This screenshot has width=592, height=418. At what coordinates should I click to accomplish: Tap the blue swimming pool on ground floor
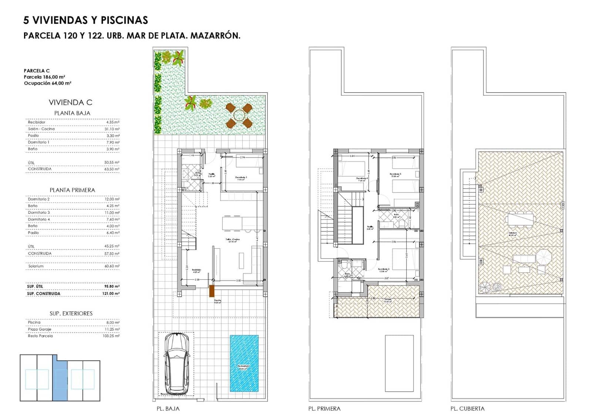point(244,363)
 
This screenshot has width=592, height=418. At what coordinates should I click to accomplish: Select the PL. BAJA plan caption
point(168,409)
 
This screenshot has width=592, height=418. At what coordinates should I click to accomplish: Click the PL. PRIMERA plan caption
point(324,409)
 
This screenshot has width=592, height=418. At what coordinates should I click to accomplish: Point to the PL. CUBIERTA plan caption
point(467,409)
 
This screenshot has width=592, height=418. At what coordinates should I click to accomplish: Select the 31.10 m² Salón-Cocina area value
point(112,129)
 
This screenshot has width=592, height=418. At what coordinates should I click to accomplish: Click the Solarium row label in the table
point(36,266)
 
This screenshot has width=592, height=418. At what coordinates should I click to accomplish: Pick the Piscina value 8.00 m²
point(112,322)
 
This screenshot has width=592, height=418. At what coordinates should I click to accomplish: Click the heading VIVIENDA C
point(70,102)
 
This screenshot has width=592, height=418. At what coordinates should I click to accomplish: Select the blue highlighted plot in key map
point(60,380)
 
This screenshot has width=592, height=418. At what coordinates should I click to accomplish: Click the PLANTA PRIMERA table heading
point(73,190)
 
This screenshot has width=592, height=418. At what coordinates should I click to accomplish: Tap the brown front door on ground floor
point(212,291)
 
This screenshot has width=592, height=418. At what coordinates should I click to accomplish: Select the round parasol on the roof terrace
point(544,256)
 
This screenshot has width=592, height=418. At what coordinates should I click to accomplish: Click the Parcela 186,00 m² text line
point(44,77)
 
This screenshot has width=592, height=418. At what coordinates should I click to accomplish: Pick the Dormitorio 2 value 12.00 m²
point(112,199)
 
